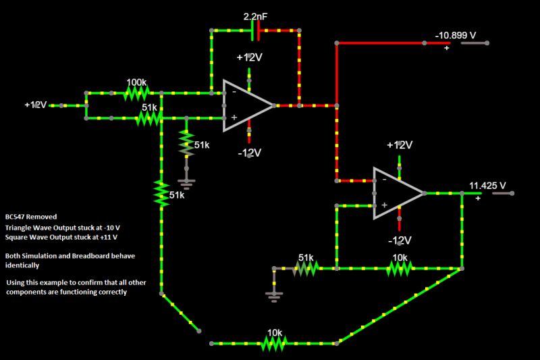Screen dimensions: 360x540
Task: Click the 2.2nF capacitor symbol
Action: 256,30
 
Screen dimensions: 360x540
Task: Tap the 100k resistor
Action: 138,93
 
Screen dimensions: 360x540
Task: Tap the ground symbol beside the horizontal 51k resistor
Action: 274,293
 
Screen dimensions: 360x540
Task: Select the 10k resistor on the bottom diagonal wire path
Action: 273,344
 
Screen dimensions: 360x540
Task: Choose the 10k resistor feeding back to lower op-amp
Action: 399,269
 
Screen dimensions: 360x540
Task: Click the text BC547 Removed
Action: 31,217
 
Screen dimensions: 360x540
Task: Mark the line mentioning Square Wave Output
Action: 61,238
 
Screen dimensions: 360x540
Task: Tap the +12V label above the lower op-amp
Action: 399,145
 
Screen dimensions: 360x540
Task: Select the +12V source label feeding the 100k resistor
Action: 36,105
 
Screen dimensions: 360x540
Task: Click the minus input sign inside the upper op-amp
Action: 234,91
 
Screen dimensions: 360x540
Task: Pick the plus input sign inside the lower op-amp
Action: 384,205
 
